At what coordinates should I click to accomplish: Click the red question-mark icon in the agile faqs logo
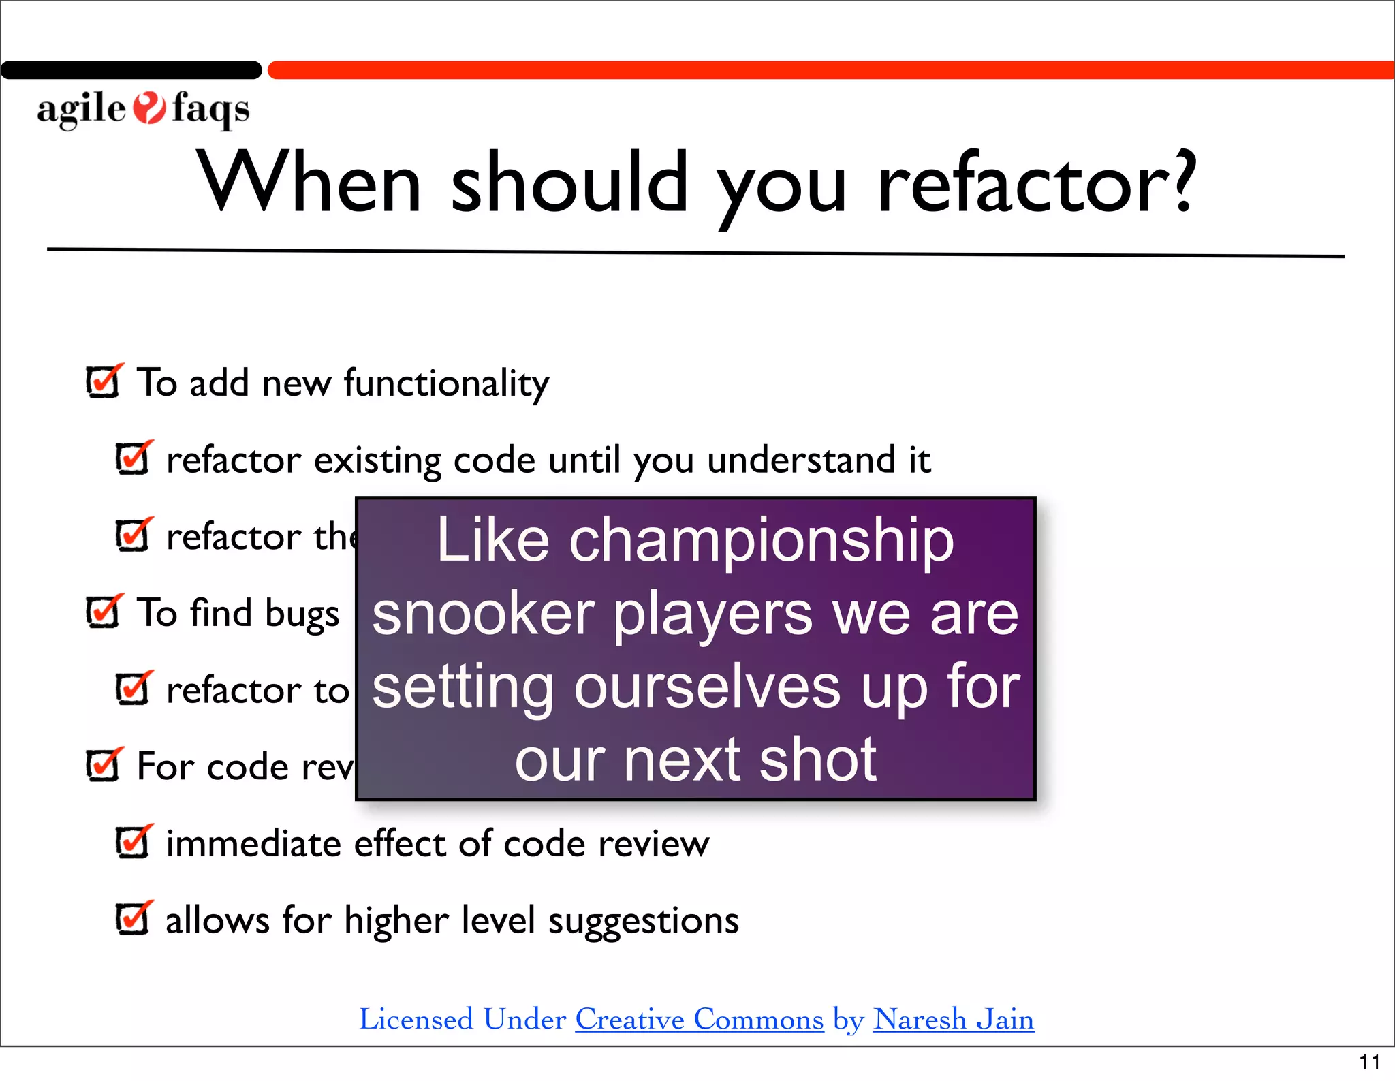(148, 108)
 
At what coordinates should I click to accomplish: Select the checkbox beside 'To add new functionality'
(104, 381)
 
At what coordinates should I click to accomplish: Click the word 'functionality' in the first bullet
(446, 383)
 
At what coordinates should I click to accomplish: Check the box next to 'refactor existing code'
(133, 458)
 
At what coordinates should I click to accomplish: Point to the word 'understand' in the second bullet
(801, 460)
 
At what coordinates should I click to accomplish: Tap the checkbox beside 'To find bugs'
(104, 612)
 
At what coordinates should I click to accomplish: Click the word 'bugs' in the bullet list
(302, 614)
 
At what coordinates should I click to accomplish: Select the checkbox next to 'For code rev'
(104, 765)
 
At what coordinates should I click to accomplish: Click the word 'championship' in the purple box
(761, 541)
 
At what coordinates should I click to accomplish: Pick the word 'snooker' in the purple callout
(483, 614)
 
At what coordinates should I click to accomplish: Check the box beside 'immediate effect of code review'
(133, 843)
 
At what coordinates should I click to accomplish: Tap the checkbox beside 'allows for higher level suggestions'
(133, 919)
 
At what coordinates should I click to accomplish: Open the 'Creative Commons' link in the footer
(699, 1020)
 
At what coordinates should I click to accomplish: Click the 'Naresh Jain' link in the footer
(953, 1020)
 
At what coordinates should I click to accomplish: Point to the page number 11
(1369, 1062)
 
